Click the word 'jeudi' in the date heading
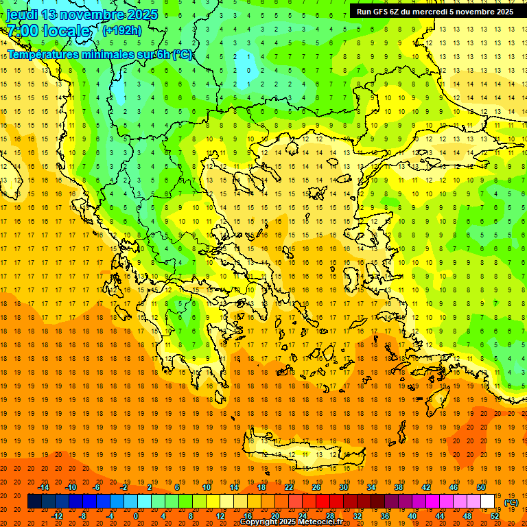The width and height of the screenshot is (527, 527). pos(22,14)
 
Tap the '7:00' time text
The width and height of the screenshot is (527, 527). pos(21,31)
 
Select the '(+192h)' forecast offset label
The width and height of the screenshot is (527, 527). pos(121,30)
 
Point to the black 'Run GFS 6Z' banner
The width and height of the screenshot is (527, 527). pos(435,11)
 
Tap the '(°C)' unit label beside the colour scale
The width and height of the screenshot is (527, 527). pos(511,502)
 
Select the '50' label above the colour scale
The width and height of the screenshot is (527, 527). pos(481,487)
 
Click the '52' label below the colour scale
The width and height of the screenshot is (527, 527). pos(495,516)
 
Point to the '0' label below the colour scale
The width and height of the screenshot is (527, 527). pos(135,516)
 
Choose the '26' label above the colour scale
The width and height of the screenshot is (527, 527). pos(316,487)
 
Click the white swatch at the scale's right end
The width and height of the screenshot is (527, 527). pos(488,502)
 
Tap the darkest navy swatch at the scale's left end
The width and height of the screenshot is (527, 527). pos(34,502)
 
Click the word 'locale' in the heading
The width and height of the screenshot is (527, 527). pos(67,31)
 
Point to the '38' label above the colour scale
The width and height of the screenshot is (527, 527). pos(399,487)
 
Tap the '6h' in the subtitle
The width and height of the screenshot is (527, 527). pos(165,54)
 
